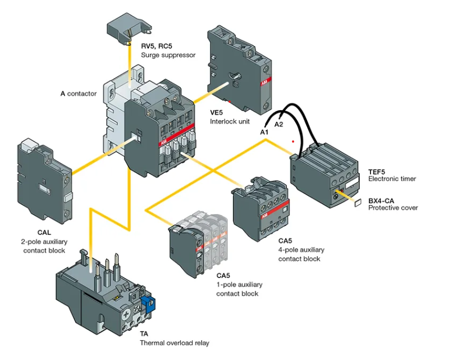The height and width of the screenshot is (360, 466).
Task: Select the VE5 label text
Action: (x=217, y=112)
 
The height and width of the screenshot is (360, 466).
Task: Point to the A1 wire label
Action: (x=264, y=131)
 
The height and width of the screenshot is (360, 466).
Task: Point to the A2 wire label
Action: (x=279, y=124)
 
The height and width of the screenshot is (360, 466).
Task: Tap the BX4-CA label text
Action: (x=380, y=200)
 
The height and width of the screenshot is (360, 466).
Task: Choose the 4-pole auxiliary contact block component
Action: (x=261, y=208)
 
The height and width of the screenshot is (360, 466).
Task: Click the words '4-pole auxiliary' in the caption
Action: (x=301, y=250)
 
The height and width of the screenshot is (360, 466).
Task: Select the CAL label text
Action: (x=44, y=232)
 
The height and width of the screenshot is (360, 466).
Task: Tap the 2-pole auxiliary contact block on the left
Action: (x=44, y=180)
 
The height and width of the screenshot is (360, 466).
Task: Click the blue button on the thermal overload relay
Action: (x=148, y=304)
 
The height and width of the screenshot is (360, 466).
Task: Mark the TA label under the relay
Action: (x=144, y=334)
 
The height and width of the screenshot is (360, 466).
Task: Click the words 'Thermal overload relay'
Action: (x=174, y=343)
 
